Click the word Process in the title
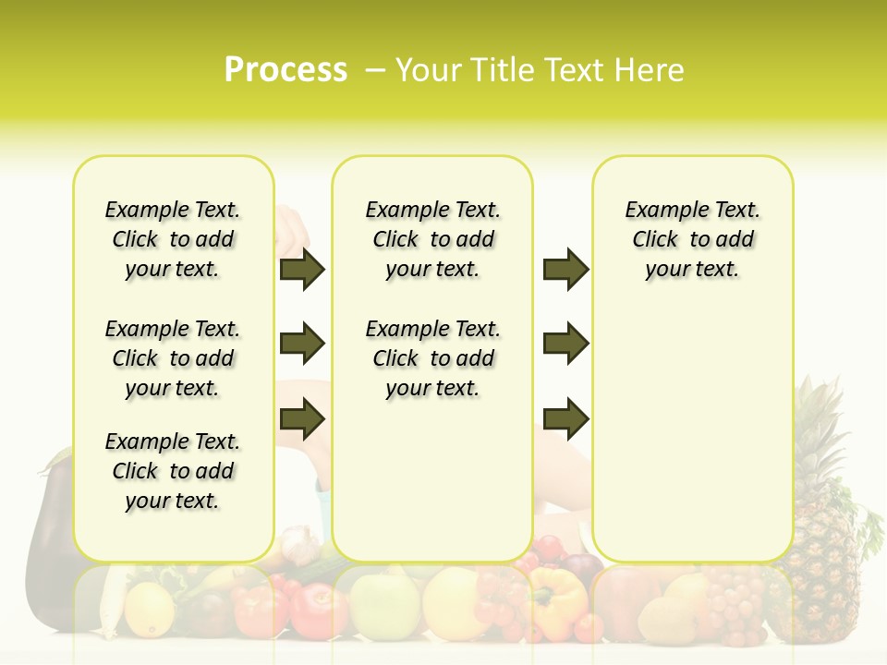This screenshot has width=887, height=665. (x=286, y=70)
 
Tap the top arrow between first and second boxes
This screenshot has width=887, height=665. (x=302, y=270)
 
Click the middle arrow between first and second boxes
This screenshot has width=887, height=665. (x=302, y=345)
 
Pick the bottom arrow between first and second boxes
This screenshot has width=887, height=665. (x=302, y=419)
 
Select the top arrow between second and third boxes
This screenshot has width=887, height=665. (x=565, y=270)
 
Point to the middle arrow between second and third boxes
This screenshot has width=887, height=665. (x=565, y=345)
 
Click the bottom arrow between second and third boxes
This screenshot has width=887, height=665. (x=565, y=419)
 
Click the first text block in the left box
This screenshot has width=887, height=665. (x=173, y=239)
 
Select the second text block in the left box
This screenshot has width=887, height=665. (x=173, y=358)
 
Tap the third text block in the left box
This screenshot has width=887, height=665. (x=173, y=471)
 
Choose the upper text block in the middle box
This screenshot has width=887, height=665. (x=432, y=239)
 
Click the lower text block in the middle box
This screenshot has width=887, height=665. (x=432, y=358)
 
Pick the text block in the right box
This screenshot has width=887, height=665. (x=692, y=239)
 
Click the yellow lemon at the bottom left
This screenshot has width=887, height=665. (x=149, y=610)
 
